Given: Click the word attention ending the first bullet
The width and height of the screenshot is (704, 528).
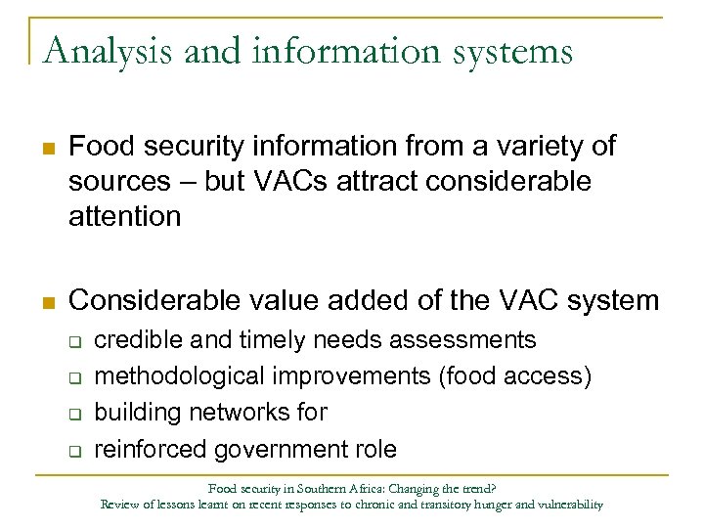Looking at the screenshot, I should coord(125,215).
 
